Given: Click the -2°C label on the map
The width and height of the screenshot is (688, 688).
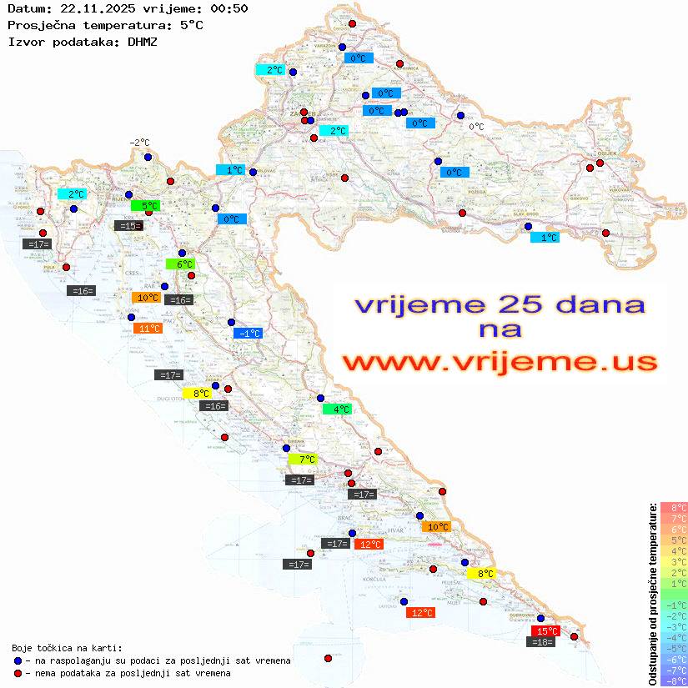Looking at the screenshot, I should [x=139, y=143].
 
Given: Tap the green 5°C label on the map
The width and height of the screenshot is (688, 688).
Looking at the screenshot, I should [x=146, y=205].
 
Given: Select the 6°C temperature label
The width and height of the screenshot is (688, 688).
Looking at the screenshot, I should [x=181, y=264].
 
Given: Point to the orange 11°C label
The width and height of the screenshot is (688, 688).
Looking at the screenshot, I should [x=148, y=329].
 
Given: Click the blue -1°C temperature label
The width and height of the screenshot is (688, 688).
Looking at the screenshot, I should [x=249, y=334].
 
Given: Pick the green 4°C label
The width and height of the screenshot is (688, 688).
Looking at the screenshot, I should [x=338, y=409].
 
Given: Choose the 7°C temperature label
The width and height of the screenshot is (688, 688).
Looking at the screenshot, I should [x=303, y=460].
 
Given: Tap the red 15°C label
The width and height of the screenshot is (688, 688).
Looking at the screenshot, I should [x=546, y=631].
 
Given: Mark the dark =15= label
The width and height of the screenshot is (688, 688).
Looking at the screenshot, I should [x=128, y=226].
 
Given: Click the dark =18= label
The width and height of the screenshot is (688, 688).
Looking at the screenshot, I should [x=542, y=642].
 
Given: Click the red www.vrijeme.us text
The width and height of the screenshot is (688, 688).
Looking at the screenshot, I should [x=500, y=363].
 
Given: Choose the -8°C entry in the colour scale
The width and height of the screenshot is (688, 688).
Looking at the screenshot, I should [x=674, y=681].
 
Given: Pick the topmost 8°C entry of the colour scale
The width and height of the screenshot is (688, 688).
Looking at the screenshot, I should [x=674, y=508].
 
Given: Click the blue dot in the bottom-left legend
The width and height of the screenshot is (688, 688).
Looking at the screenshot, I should [x=18, y=660].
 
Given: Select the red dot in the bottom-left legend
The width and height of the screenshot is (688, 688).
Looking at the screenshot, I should [x=18, y=673].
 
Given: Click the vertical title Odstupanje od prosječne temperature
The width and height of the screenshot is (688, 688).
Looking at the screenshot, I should [x=652, y=595].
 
